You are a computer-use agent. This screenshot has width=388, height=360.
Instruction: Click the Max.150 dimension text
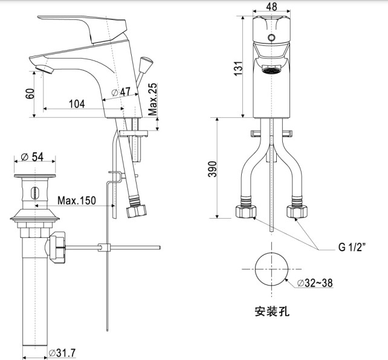point(76,199)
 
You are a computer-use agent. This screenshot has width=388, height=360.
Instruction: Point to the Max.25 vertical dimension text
point(154,100)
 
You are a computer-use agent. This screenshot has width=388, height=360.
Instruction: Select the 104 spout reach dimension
point(77,104)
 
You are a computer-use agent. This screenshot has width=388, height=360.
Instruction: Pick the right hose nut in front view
point(299,211)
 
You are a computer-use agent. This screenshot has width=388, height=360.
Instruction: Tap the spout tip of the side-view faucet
point(40,66)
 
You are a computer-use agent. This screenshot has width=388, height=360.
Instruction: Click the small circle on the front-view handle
point(271,38)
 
